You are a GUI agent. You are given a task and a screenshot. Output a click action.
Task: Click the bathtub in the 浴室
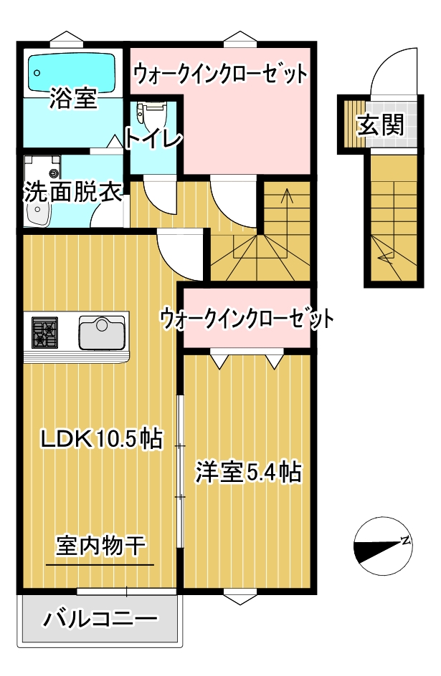coord(72,72)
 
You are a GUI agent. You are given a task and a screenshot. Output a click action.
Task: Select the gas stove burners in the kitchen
coord(44,332)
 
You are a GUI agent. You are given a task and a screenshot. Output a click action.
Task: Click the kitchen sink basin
coord(103,332)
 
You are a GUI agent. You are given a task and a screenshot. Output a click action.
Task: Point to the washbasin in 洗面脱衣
coord(38,213)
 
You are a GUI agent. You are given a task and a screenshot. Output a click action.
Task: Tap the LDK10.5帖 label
coord(101,439)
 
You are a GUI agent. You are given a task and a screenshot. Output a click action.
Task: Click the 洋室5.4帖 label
coord(248,472)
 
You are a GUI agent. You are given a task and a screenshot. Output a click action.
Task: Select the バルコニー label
coord(100,619)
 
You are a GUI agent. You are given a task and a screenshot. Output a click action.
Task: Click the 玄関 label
coord(381,125)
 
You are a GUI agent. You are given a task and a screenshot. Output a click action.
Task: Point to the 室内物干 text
coord(100,546)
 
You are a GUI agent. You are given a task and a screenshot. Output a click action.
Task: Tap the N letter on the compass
coord(405,540)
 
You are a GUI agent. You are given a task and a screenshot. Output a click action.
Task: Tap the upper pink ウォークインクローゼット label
coord(220,74)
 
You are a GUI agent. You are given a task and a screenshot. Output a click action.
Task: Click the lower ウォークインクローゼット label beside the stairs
coord(247,319)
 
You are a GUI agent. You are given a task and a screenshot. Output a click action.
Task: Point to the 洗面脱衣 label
coord(72,192)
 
